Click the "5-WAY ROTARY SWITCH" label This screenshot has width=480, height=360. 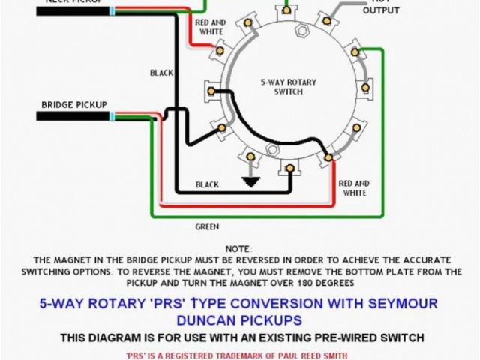click(x=281, y=86)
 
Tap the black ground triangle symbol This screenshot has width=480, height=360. click(x=250, y=181)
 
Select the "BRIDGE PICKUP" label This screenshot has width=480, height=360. click(x=74, y=104)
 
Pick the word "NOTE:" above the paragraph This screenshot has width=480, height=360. click(x=239, y=248)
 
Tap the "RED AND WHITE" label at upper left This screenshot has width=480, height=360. click(x=211, y=28)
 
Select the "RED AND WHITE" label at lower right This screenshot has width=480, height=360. click(x=354, y=188)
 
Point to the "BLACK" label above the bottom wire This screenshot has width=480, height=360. click(x=207, y=184)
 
